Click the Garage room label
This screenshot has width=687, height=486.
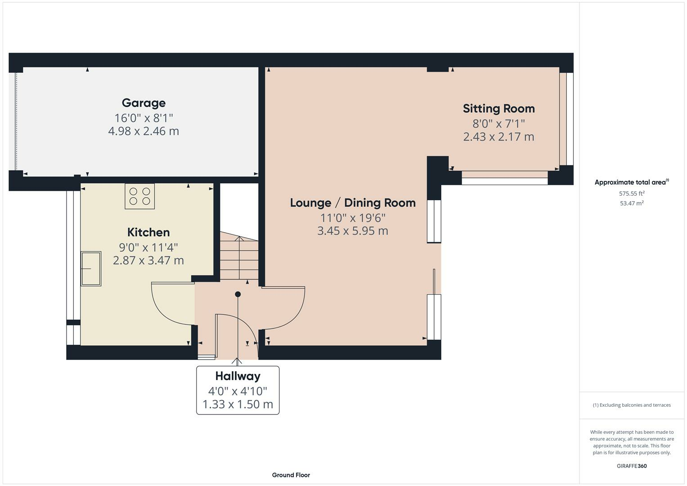[x=144, y=103]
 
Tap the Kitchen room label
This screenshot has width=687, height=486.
[x=148, y=232]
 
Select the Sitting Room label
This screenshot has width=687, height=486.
[x=498, y=108]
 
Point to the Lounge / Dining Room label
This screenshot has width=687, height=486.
[x=353, y=203]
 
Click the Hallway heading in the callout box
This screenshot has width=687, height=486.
[x=238, y=376]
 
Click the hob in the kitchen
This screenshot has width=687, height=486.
[x=139, y=196]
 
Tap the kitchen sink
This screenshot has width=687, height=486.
[x=91, y=269]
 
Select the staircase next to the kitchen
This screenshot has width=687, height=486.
[x=239, y=256]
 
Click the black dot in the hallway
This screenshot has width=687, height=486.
[x=238, y=294]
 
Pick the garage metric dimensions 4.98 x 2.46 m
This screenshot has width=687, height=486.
[x=144, y=131]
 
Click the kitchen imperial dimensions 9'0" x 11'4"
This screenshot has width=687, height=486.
[x=148, y=247]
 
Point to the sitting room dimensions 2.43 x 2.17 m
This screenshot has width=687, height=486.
[x=498, y=137]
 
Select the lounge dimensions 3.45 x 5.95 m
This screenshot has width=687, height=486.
[x=353, y=231]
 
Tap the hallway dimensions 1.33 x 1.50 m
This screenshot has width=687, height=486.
[x=238, y=405]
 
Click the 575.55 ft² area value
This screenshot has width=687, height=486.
[x=632, y=193]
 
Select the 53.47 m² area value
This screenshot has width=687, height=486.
[x=632, y=203]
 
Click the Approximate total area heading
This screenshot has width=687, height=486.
[x=632, y=182]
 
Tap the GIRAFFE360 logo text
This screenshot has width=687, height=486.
[x=632, y=466]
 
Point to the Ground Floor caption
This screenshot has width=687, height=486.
[x=291, y=475]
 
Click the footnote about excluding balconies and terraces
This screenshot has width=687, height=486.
[x=632, y=405]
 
